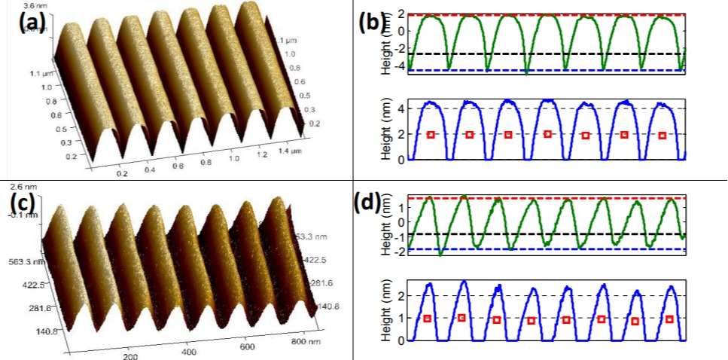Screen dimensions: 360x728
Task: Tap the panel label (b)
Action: [x=372, y=21]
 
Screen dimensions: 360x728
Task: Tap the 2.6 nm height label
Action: [x=17, y=185]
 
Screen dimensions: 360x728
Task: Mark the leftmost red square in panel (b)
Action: [x=431, y=135]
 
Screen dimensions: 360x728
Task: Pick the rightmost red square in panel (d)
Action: [x=669, y=319]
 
